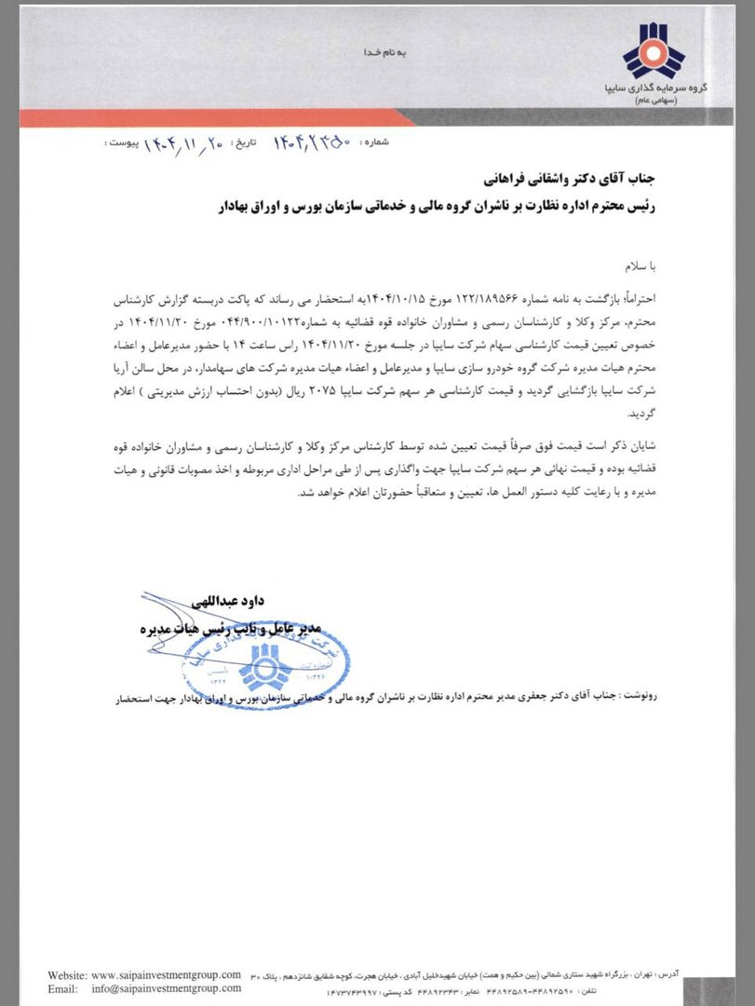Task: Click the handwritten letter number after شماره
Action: [x=312, y=143]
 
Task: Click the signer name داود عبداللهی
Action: [x=227, y=604]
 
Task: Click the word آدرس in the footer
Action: [x=693, y=972]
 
